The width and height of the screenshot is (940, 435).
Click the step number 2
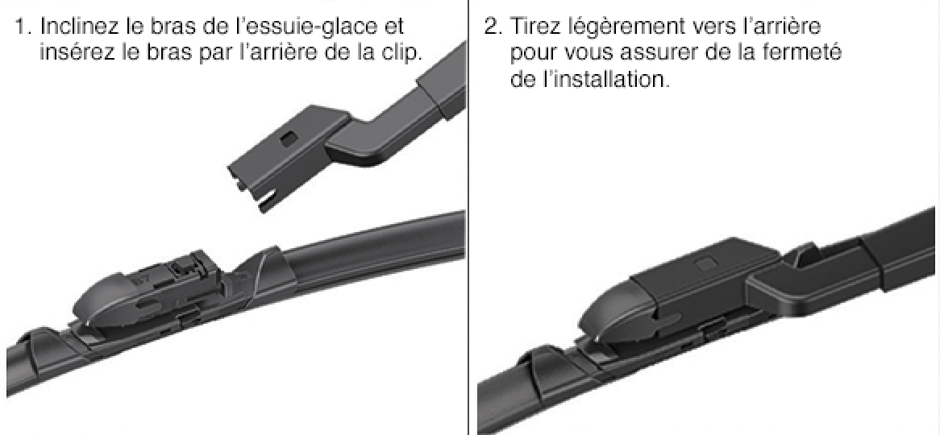pos(493,27)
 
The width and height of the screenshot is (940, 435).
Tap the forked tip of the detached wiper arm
pos(252,191)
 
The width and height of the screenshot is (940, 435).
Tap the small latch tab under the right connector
pos(714,329)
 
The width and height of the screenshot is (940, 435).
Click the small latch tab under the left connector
pos(190,316)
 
